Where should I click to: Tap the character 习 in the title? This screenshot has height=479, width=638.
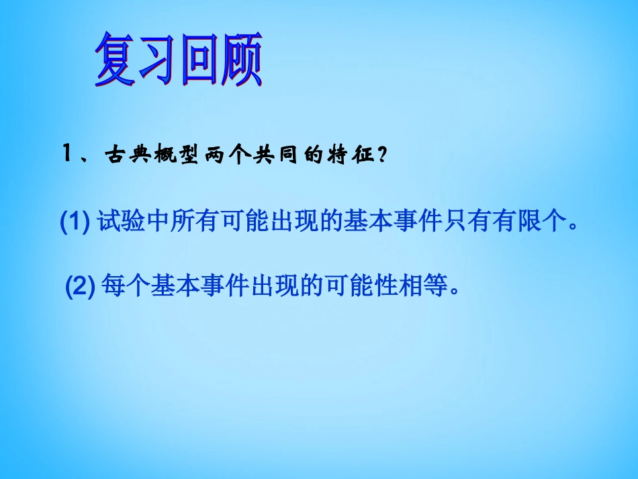[x=156, y=62]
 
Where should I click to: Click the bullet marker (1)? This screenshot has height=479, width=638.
[x=75, y=222]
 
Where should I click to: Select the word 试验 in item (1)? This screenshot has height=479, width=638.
[x=121, y=222]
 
